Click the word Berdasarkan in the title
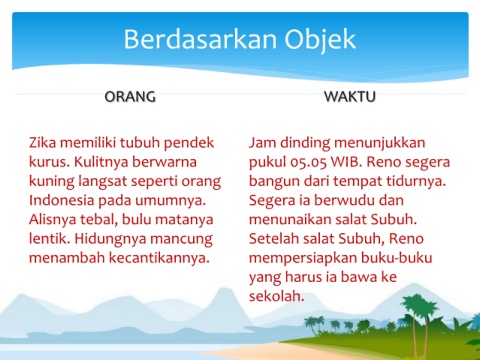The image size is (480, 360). pyautogui.click(x=200, y=39)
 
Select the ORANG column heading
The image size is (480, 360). pyautogui.click(x=130, y=97)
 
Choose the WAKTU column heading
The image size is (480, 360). pyautogui.click(x=350, y=97)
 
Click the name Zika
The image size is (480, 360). pyautogui.click(x=43, y=142)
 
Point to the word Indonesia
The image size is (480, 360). pyautogui.click(x=62, y=200)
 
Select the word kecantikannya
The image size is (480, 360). pyautogui.click(x=159, y=258)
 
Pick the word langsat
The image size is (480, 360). pyautogui.click(x=103, y=182)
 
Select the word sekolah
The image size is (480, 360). pyautogui.click(x=276, y=296)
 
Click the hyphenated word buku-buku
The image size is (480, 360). pyautogui.click(x=397, y=258)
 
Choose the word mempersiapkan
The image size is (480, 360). pyautogui.click(x=303, y=258)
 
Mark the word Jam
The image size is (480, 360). pyautogui.click(x=262, y=142)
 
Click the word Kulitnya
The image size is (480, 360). pyautogui.click(x=102, y=162)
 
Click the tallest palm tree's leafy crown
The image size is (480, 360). pyautogui.click(x=420, y=306)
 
